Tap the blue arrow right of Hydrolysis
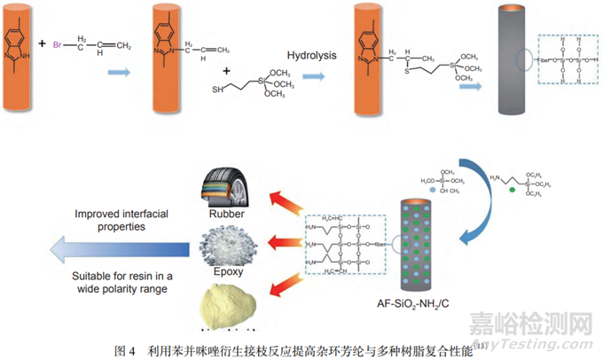(x=312, y=77)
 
